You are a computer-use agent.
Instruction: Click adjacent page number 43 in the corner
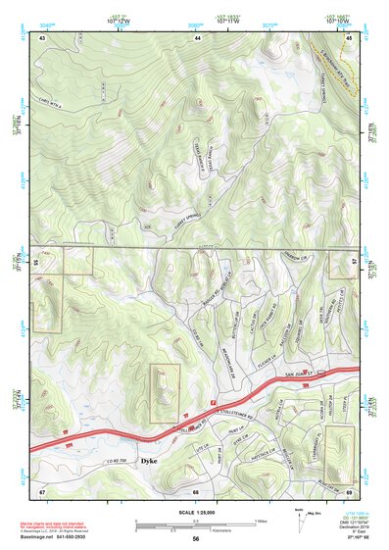click(x=42, y=37)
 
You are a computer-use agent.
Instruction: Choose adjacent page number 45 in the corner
click(x=351, y=37)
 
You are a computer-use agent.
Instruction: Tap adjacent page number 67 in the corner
click(x=42, y=490)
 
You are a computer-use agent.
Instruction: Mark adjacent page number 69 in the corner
click(x=350, y=490)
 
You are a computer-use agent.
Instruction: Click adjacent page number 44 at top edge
click(x=197, y=37)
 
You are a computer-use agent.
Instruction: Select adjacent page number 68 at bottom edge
click(x=196, y=490)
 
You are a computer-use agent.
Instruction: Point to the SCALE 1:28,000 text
click(x=196, y=511)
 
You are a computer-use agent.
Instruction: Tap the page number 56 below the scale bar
click(x=196, y=539)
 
